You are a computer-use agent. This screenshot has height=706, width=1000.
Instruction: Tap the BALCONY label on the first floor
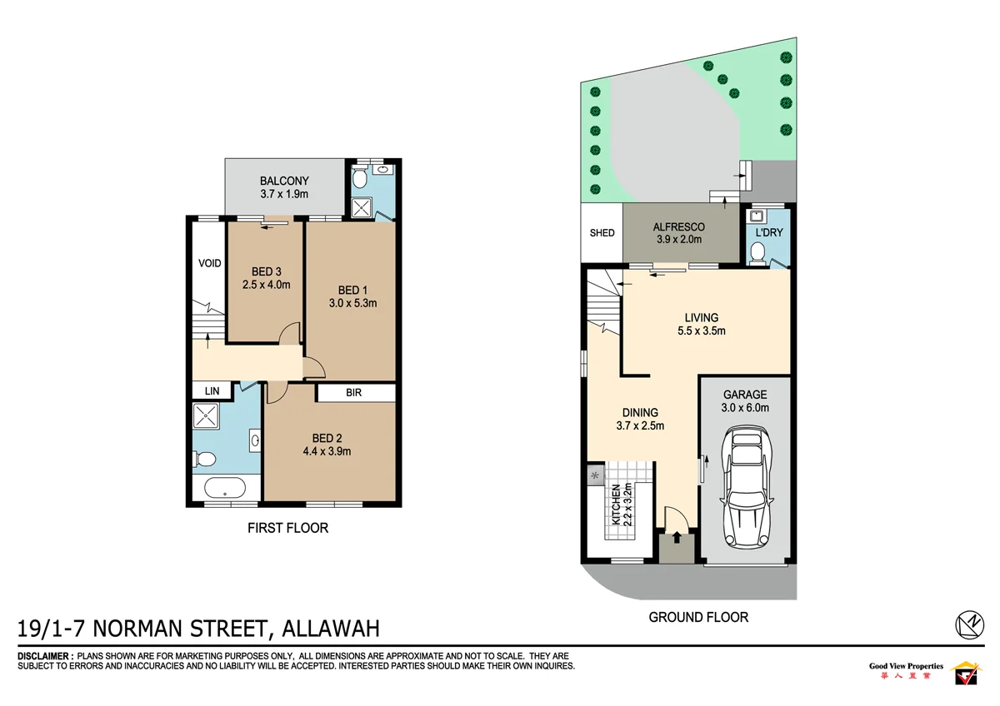284,181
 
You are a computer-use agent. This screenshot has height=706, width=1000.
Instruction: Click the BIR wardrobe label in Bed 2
353,393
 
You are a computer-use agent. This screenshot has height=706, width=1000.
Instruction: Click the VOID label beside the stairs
210,264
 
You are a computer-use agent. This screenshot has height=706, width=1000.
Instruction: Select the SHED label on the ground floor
602,232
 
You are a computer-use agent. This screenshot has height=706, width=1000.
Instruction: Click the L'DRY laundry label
768,232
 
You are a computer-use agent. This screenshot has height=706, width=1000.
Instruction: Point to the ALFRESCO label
679,226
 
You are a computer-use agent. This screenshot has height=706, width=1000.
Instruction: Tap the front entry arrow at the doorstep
676,538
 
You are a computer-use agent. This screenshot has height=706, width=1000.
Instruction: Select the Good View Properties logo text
906,666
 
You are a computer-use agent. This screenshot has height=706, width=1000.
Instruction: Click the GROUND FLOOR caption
698,617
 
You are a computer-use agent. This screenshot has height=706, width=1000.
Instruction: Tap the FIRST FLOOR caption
287,528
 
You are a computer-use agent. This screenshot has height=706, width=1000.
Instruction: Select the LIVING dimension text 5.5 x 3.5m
701,331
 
